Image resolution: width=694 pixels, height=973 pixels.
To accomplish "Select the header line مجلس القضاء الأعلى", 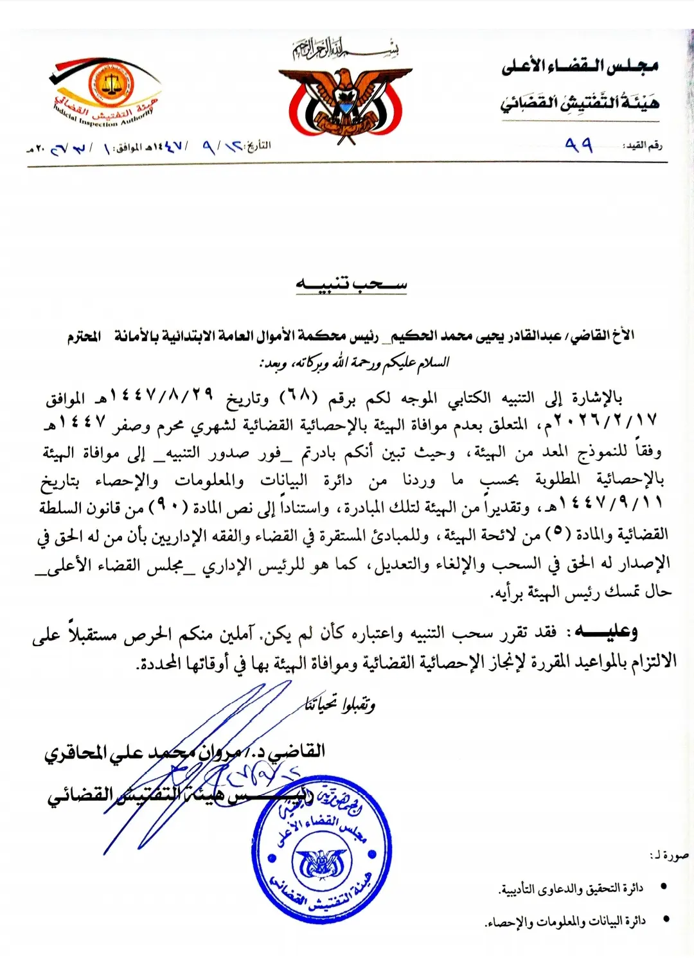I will pos(580,66).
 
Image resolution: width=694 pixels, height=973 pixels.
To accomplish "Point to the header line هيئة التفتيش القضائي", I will pos(580,102).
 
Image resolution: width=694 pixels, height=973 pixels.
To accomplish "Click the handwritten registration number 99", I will pos(578,145).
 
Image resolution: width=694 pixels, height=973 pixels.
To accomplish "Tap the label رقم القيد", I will pos(643,146).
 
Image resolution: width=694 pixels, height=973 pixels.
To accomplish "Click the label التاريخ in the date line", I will pos(258,146).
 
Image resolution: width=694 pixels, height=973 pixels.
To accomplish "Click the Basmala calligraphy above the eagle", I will pos(346,49).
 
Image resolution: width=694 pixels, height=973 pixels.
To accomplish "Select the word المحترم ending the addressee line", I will pos(84,337).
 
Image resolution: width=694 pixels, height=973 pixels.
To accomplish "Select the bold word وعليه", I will pos(607,631).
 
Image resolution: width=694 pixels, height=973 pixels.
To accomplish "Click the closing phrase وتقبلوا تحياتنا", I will pos(340,704).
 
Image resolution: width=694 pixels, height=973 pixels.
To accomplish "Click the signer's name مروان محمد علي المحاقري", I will pos(173,752).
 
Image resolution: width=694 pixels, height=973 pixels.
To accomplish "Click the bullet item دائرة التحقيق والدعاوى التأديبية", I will pos(571,889).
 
